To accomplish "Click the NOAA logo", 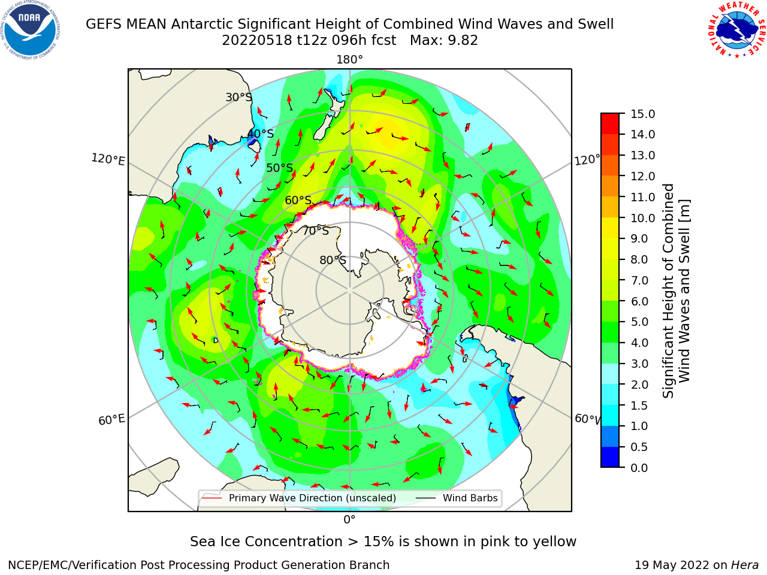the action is coord(31,31).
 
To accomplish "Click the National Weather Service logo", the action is coord(736,30).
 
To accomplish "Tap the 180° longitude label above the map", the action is coord(349,60).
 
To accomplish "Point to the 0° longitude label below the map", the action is coord(349,519).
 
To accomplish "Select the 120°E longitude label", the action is coord(108,159).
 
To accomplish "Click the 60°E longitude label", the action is coord(111,419).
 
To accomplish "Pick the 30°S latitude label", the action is coord(238,97).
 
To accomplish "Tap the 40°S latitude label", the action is coord(261,134).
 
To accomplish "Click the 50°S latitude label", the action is coord(280,168).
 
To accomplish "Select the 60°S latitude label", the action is coord(298,201).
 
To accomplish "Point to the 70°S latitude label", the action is coord(316,231).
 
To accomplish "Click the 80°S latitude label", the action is coord(333,260).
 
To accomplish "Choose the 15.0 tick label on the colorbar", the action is coord(642,114).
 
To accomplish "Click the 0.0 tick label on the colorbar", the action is coord(639,468).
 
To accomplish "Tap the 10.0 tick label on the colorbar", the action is coord(642,218).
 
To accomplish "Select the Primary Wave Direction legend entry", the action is coord(300,498).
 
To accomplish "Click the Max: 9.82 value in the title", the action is coord(444,41).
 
